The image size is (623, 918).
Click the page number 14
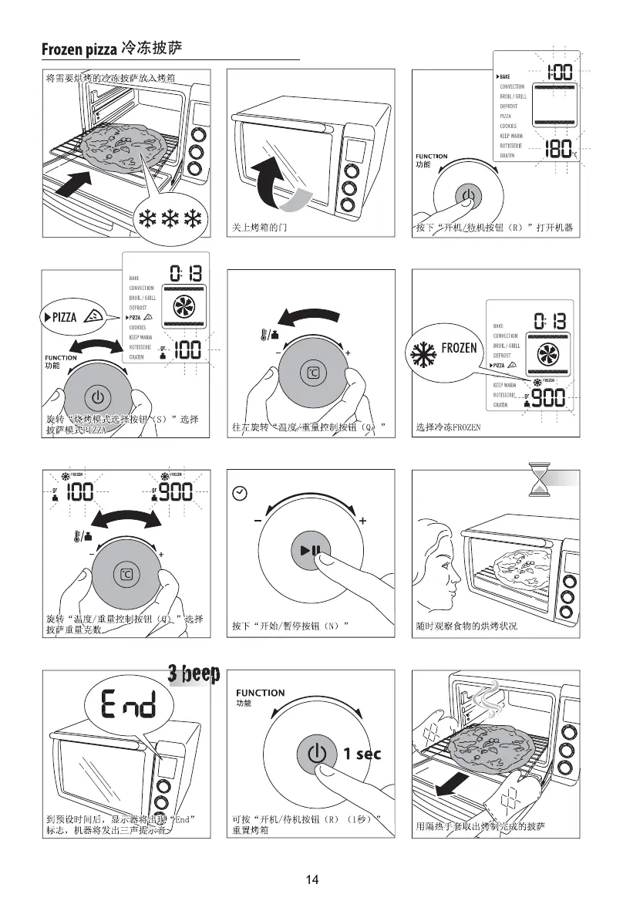pyautogui.click(x=311, y=880)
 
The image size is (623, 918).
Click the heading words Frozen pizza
pyautogui.click(x=79, y=51)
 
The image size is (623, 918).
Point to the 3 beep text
pyautogui.click(x=194, y=674)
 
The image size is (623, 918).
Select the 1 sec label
pyautogui.click(x=362, y=754)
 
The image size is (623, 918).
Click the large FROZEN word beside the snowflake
pyautogui.click(x=459, y=348)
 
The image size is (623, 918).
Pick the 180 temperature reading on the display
pyautogui.click(x=557, y=148)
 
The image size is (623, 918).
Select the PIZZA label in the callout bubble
pyautogui.click(x=64, y=316)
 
